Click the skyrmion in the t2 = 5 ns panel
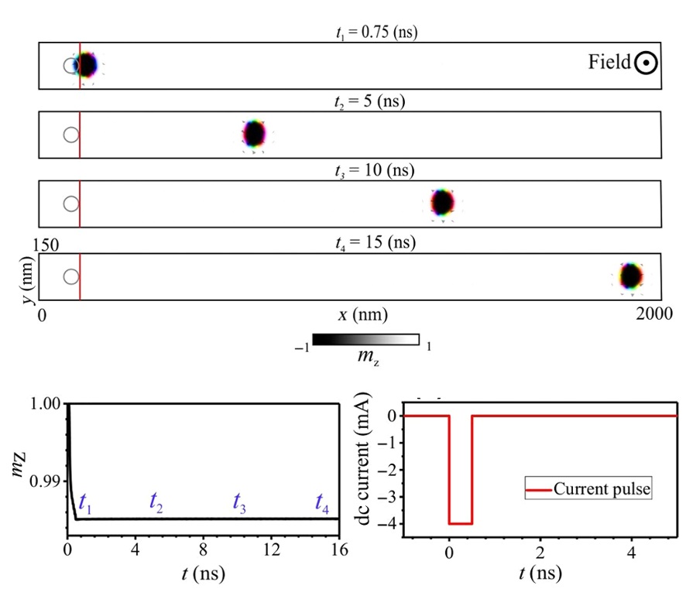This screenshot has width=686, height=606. pyautogui.click(x=254, y=135)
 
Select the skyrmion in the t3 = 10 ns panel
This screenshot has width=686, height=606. pyautogui.click(x=442, y=201)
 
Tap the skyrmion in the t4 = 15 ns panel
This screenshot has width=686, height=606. pyautogui.click(x=631, y=276)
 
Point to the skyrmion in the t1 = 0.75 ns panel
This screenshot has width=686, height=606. pyautogui.click(x=86, y=65)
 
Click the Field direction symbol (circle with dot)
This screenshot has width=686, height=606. pyautogui.click(x=646, y=63)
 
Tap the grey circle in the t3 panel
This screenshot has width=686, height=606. pyautogui.click(x=71, y=204)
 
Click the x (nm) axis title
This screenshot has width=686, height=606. pyautogui.click(x=362, y=315)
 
